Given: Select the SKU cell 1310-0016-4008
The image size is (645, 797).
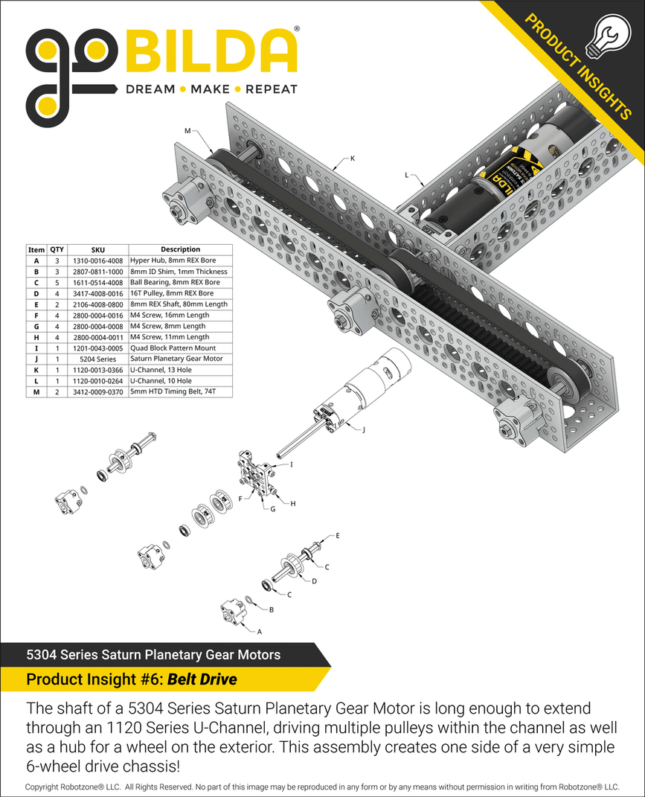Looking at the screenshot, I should click(97, 261).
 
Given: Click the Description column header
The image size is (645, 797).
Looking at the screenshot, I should click(180, 250).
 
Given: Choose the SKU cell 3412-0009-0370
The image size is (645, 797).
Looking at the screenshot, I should click(97, 391).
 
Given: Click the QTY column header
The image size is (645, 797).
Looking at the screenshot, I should click(57, 250).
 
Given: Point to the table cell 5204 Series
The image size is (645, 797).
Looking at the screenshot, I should click(97, 359).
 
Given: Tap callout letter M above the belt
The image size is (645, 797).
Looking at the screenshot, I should click(187, 131).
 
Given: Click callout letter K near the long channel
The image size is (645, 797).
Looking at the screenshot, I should click(353, 159).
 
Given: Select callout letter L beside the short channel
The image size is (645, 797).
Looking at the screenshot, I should click(407, 176).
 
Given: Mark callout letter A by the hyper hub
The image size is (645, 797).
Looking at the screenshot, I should click(259, 631).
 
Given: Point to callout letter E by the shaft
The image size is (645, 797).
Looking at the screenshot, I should click(338, 535).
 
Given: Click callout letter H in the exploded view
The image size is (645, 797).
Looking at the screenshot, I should click(292, 504).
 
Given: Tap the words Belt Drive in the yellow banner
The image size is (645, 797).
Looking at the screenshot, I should click(202, 679).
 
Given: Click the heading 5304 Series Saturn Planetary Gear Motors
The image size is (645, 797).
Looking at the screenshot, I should click(153, 655).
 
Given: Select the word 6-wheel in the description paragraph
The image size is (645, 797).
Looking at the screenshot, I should click(51, 766).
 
